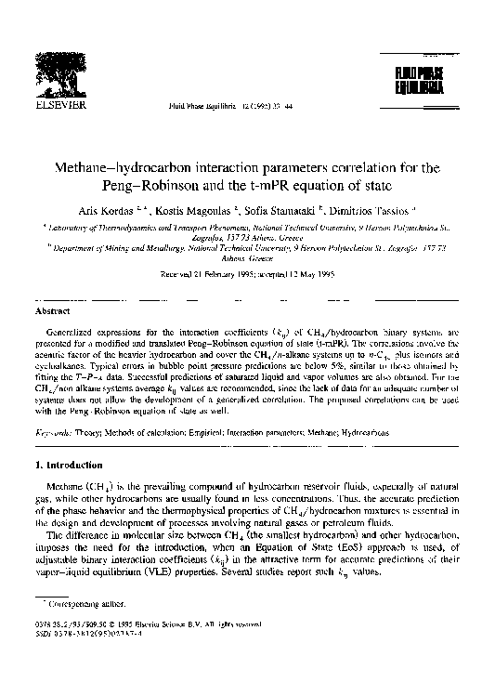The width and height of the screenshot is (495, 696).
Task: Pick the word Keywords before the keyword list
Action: click(x=57, y=432)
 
